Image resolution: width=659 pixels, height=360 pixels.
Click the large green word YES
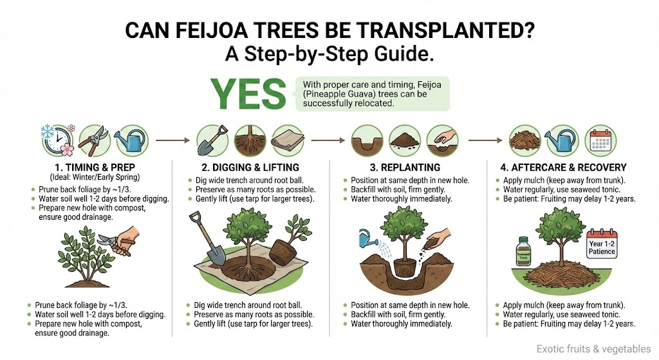click(x=247, y=95)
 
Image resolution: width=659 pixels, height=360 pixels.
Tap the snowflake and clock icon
click(x=55, y=138)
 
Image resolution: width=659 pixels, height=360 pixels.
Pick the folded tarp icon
click(x=286, y=138)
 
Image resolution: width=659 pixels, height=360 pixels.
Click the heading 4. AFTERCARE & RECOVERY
click(x=564, y=167)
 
